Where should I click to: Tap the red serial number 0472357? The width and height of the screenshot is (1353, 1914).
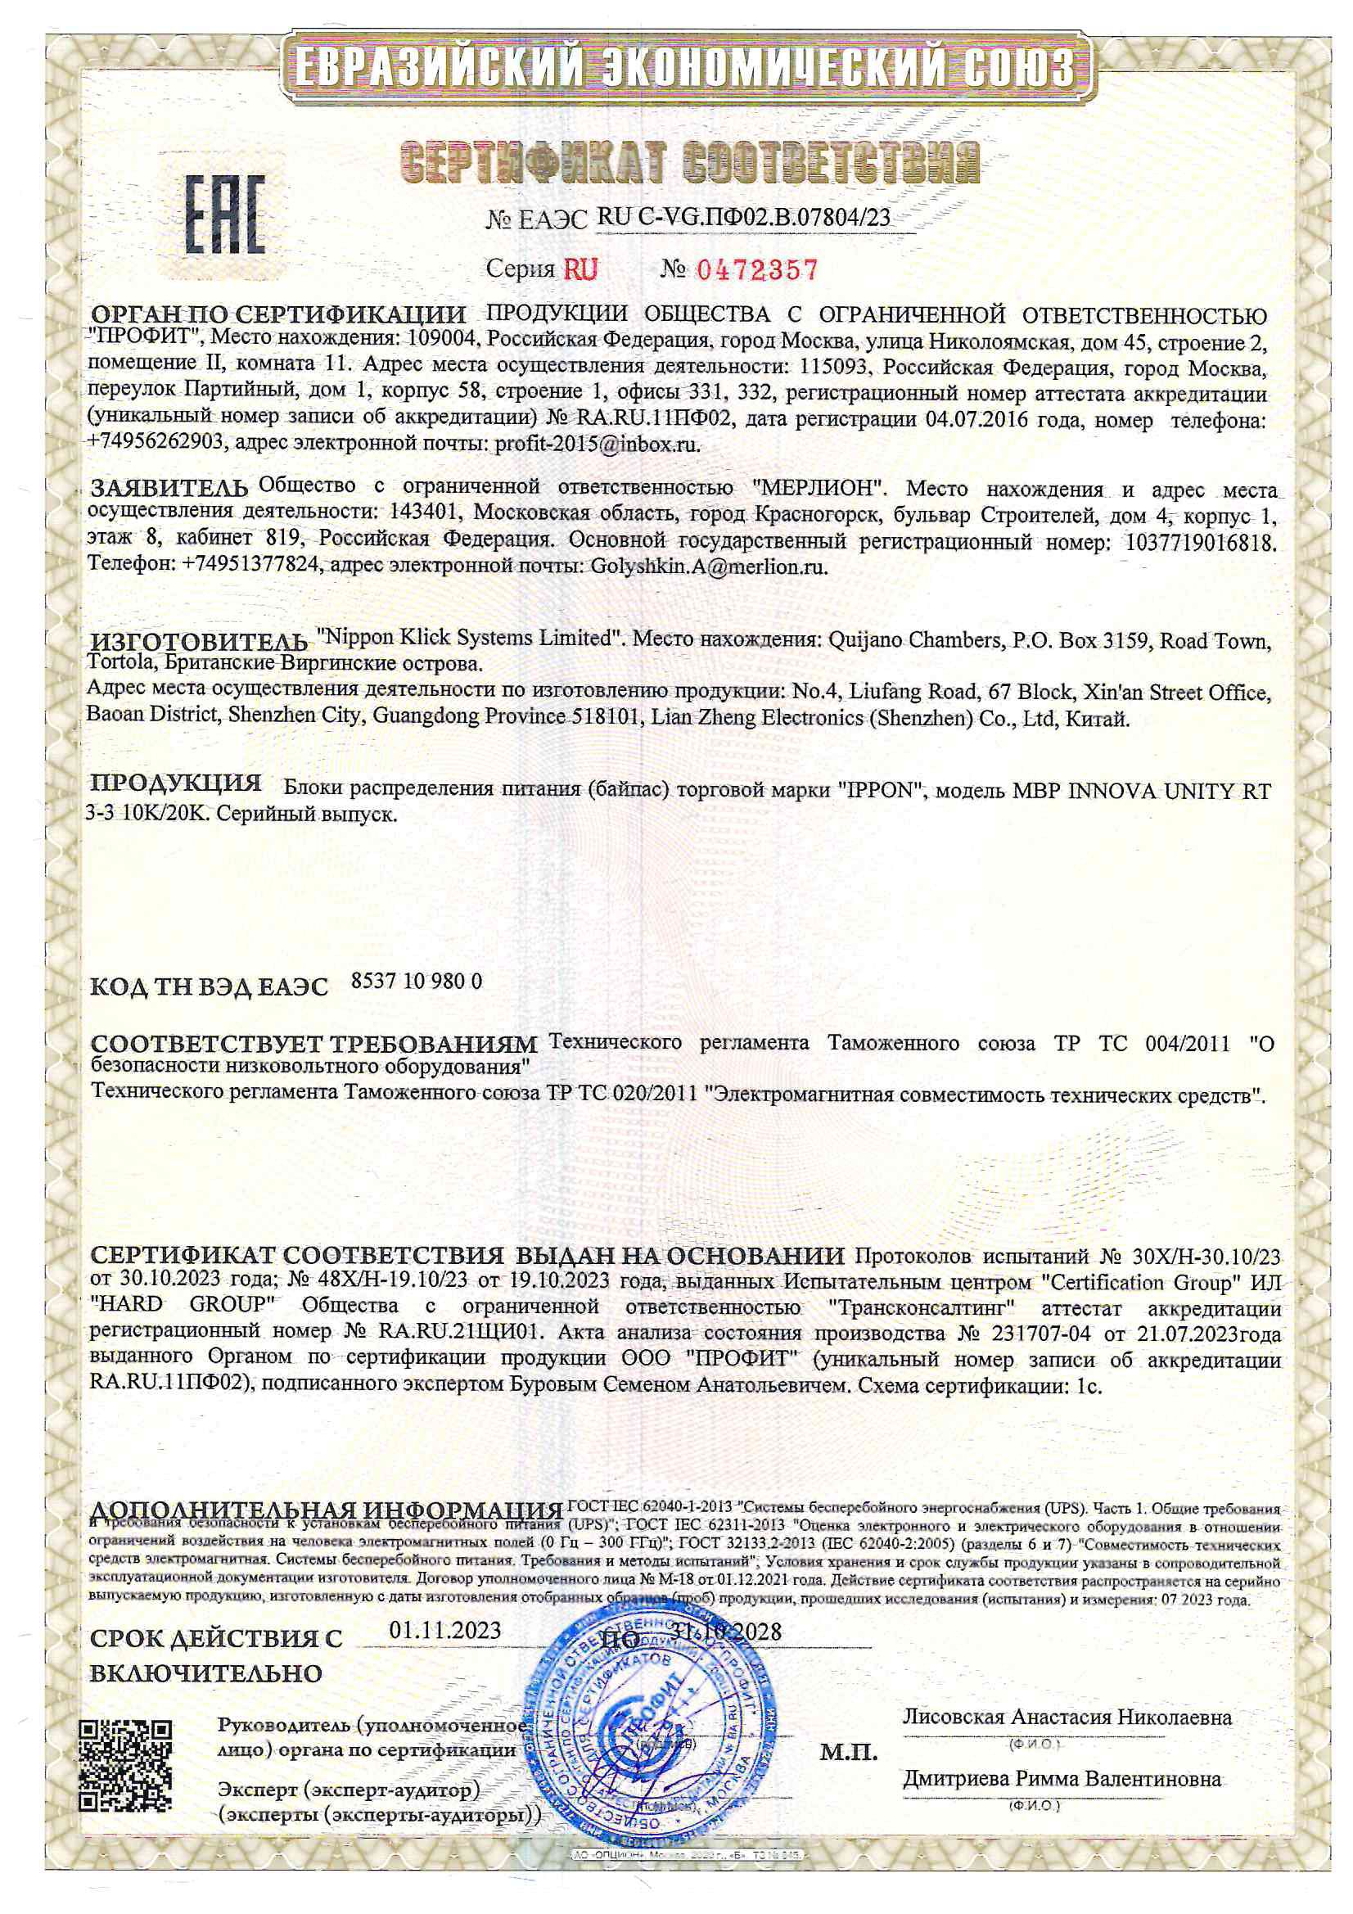pyautogui.click(x=756, y=269)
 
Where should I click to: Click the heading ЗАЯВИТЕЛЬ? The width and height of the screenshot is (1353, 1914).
pyautogui.click(x=169, y=488)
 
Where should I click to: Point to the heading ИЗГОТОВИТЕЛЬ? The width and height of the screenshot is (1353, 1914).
pyautogui.click(x=198, y=642)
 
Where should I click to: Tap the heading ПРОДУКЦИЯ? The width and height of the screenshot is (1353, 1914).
pyautogui.click(x=176, y=783)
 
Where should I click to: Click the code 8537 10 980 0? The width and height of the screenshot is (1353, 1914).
pyautogui.click(x=417, y=982)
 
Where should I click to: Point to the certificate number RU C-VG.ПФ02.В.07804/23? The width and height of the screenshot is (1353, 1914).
pyautogui.click(x=743, y=219)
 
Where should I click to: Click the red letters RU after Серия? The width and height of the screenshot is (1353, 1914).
pyautogui.click(x=581, y=269)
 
